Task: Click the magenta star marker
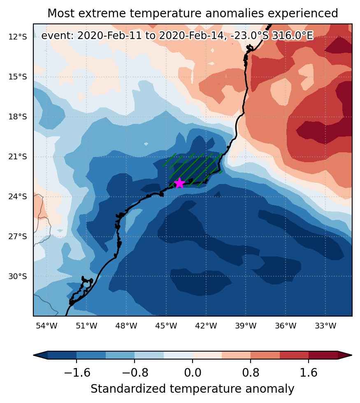(179, 183)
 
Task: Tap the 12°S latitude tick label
(17, 37)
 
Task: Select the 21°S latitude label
(17, 157)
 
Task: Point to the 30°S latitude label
(17, 277)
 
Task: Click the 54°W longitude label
(46, 326)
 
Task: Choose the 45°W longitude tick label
(166, 326)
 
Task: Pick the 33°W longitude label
(325, 326)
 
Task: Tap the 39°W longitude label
(246, 326)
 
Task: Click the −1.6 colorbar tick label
(77, 373)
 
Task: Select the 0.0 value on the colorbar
(193, 373)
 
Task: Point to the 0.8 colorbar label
(251, 373)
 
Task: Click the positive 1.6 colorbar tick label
(309, 373)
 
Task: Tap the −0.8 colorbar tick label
(135, 373)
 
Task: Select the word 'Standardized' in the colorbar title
(128, 389)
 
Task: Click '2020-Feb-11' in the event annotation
(109, 35)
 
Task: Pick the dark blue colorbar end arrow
(41, 355)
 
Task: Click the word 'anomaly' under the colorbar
(269, 389)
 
